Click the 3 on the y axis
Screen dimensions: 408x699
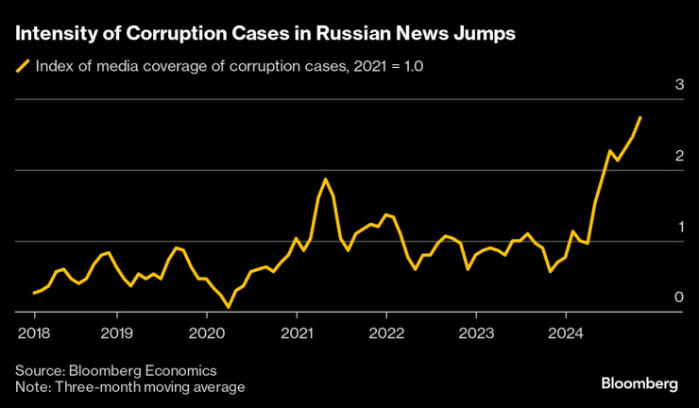[678, 86]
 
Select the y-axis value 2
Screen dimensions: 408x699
[678, 157]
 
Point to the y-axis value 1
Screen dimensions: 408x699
[678, 228]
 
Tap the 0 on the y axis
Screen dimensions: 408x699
[678, 298]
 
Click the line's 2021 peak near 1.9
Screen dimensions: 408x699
[325, 178]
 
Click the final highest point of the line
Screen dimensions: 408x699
[640, 117]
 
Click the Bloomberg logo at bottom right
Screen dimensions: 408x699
[639, 382]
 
